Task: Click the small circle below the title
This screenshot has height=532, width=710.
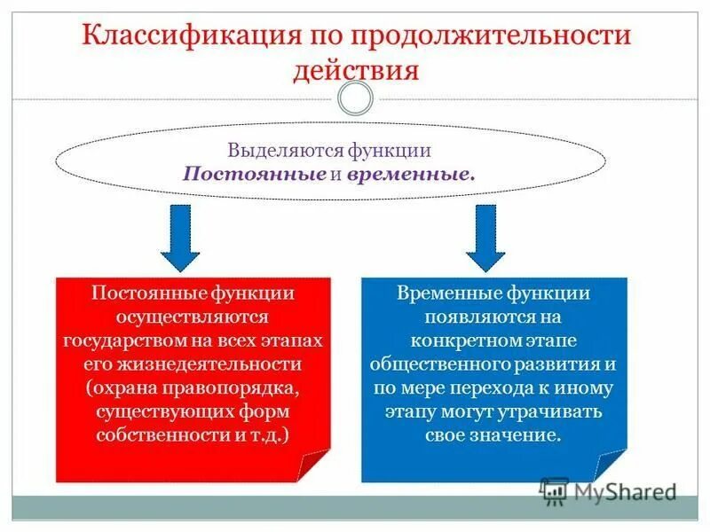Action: pos(355,98)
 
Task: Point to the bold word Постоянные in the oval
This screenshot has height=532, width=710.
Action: pos(254,174)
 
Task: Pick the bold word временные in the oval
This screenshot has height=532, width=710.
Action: pos(411,174)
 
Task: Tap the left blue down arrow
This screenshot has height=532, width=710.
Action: pos(181,237)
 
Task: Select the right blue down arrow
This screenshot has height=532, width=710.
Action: pos(485,237)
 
